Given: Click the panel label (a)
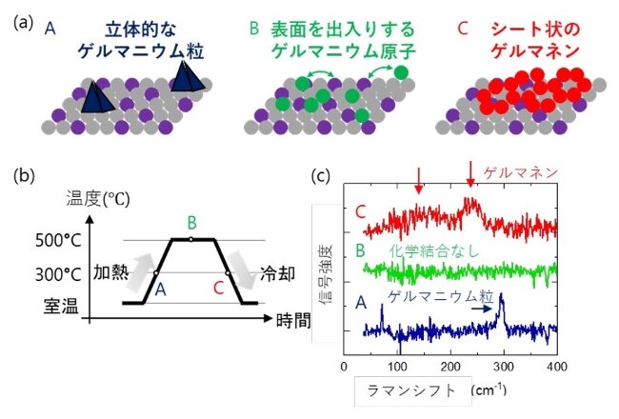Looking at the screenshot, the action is pos(23,23).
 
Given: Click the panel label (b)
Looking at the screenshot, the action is pos(24,175).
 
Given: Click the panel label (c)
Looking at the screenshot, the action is pos(320,175).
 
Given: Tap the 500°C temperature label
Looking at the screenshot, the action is pos(58,241).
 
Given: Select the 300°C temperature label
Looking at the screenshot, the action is pos(58,274).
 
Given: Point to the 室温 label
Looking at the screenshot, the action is pos(61,306).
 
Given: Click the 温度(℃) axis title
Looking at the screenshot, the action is pos(97,199).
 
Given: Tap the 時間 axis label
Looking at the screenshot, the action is pos(293,320).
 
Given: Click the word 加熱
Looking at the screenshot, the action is pos(110,272).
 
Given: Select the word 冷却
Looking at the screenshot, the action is pos(277,273).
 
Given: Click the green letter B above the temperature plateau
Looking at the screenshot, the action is pos(191,223).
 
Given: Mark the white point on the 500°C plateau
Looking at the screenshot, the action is pos(191,239).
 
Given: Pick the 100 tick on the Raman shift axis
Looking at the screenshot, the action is pos(397,367).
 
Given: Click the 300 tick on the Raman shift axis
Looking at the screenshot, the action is pos(504,367).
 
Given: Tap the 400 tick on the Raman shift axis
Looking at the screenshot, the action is pos(557,367).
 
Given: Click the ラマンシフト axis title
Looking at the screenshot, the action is pos(411,390).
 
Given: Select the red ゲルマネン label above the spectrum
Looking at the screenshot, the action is pos(521,173).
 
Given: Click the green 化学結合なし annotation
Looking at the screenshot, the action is pos(434,250).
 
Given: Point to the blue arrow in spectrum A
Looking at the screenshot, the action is pos(482,309).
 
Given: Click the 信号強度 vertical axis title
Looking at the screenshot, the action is pos(326,273).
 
